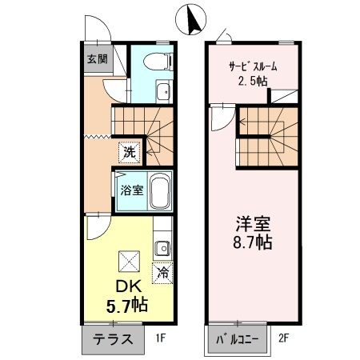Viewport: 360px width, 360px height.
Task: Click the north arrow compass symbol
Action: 192,19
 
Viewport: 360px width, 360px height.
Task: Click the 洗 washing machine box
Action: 128,150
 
